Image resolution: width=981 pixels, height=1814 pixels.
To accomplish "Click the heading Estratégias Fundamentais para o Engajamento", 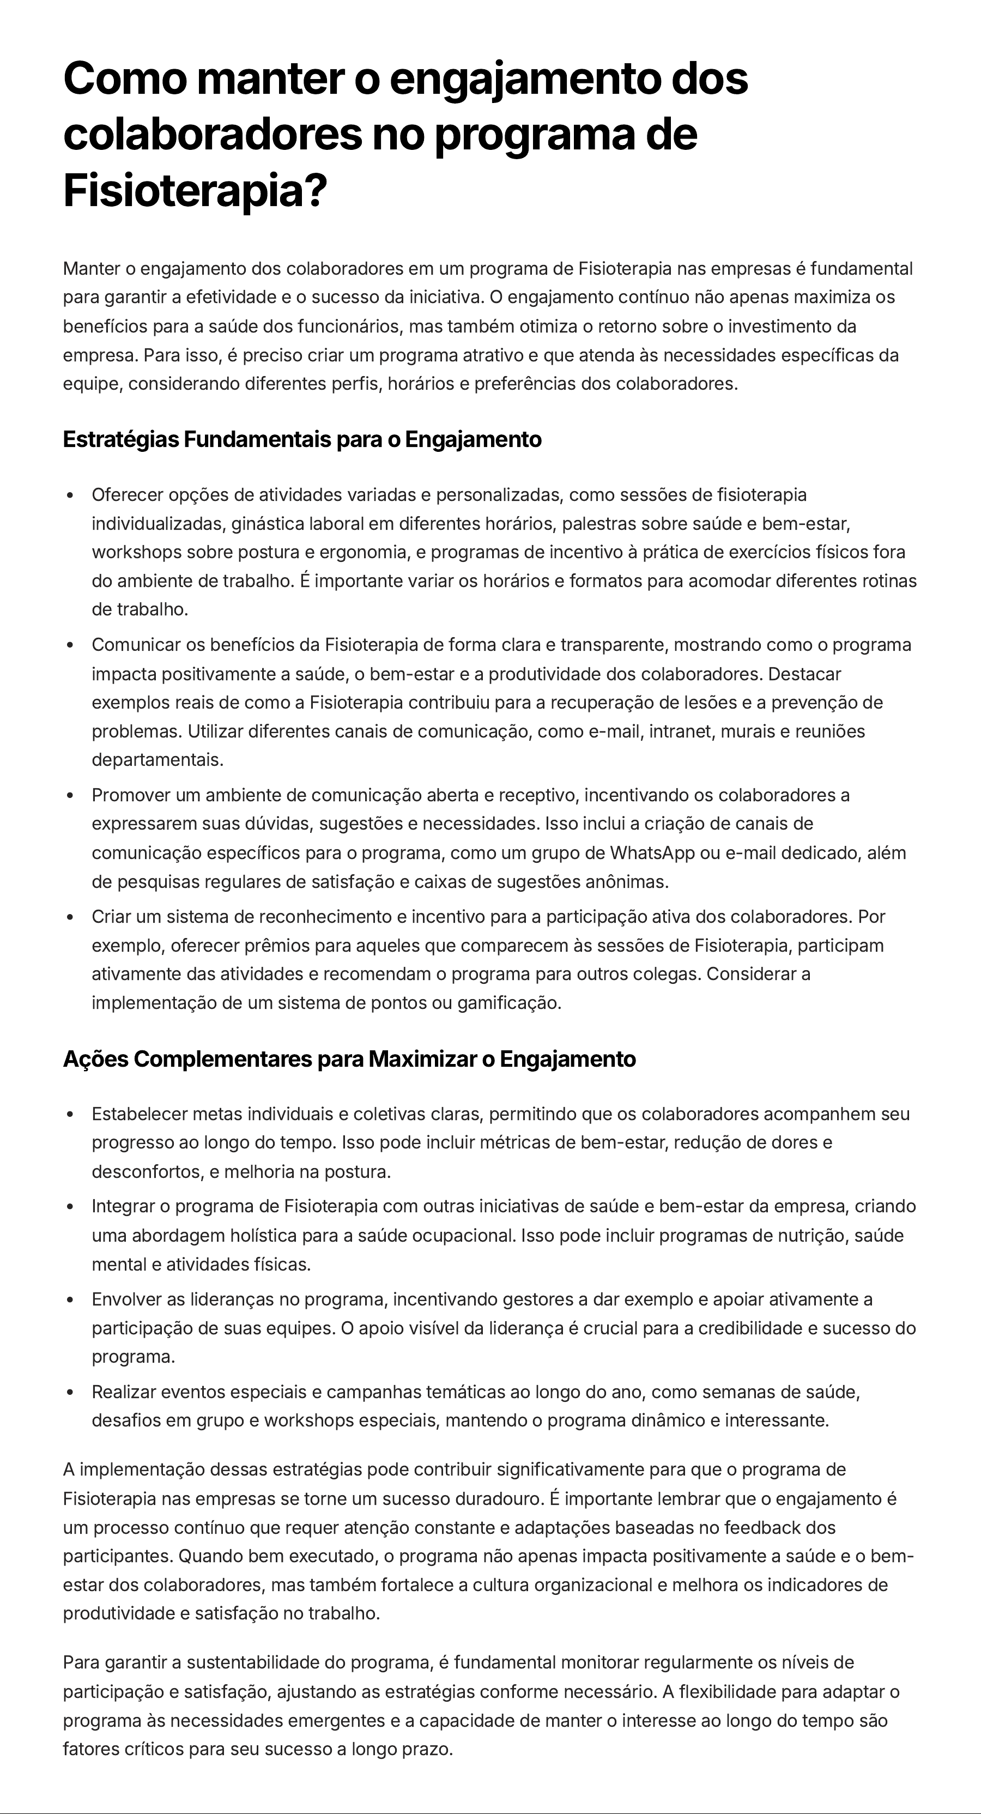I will click(302, 439).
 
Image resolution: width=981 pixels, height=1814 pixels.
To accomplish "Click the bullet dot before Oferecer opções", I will click(70, 495).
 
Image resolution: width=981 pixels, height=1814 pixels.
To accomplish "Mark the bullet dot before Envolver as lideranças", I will click(70, 1299).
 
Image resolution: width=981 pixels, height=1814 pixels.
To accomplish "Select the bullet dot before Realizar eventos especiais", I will click(70, 1392).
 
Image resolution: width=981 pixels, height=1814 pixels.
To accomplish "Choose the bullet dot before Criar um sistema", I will click(70, 917).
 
